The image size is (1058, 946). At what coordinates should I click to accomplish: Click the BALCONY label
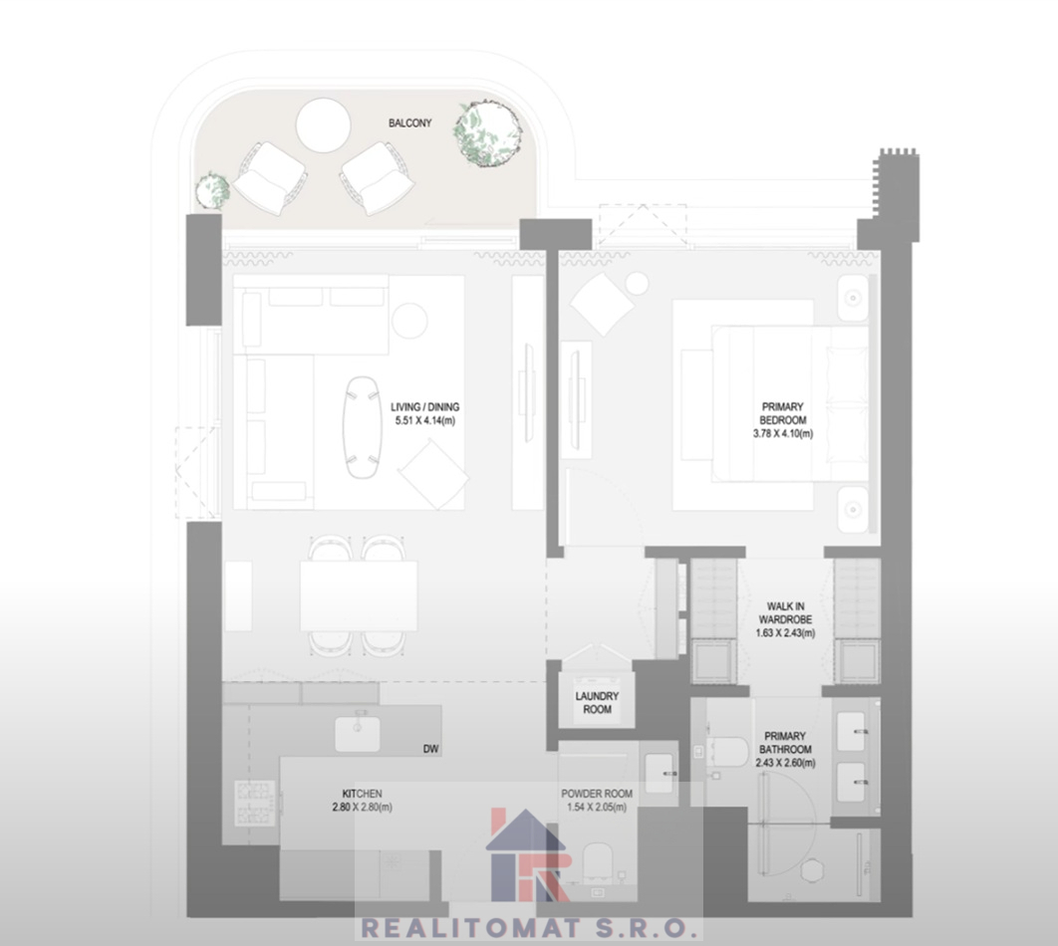pyautogui.click(x=409, y=122)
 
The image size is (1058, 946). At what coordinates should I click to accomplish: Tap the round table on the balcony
pyautogui.click(x=323, y=125)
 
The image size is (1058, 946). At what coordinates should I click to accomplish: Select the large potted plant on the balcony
pyautogui.click(x=488, y=132)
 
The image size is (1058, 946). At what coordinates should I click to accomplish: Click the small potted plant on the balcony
pyautogui.click(x=212, y=191)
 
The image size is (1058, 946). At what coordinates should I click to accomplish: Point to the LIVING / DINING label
pyautogui.click(x=425, y=406)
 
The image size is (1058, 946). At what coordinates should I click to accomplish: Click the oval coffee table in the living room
pyautogui.click(x=363, y=427)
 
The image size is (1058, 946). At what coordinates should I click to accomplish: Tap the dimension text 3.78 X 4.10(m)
pyautogui.click(x=783, y=433)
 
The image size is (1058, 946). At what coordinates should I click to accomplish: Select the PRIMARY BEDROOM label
pyautogui.click(x=783, y=413)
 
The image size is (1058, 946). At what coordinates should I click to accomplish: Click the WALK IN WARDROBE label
pyautogui.click(x=785, y=613)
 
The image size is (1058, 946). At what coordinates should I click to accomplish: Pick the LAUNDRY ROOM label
pyautogui.click(x=597, y=703)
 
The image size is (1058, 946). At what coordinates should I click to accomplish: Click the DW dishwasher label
pyautogui.click(x=430, y=749)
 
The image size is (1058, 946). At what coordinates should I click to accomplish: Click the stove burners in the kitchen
pyautogui.click(x=255, y=803)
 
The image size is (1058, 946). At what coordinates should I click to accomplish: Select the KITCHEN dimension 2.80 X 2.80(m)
pyautogui.click(x=362, y=808)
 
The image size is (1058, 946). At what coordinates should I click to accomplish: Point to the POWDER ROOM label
pyautogui.click(x=597, y=794)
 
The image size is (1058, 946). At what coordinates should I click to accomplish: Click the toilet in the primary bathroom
pyautogui.click(x=727, y=751)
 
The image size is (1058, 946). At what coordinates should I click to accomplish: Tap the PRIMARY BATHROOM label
pyautogui.click(x=784, y=743)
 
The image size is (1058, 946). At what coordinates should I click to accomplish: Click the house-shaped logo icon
pyautogui.click(x=529, y=855)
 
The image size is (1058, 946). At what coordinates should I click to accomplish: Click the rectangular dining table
pyautogui.click(x=359, y=596)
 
